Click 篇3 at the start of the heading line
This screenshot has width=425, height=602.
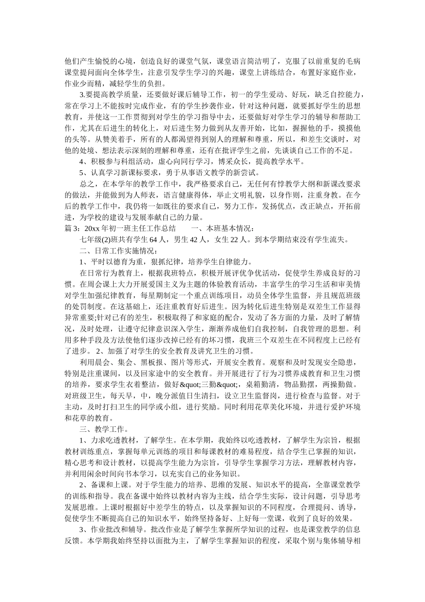coord(71,228)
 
